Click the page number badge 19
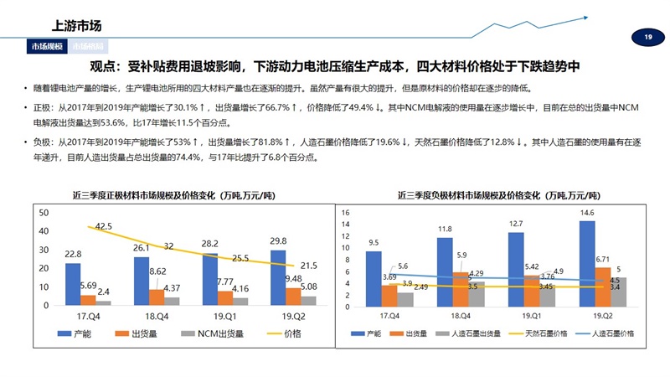648,37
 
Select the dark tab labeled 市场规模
47,47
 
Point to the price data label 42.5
103,226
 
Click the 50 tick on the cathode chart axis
44,213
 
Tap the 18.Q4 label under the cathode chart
159,316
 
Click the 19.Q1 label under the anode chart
523,317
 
